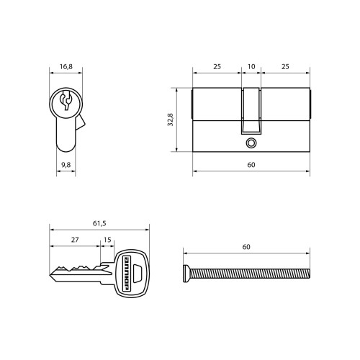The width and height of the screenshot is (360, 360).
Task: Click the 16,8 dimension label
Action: point(66,66)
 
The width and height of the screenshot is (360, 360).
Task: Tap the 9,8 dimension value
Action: point(66,165)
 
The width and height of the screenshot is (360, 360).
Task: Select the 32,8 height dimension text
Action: point(171,120)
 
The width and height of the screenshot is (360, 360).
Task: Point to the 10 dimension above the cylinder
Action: point(251,66)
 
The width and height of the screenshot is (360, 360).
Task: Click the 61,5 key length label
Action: point(99,223)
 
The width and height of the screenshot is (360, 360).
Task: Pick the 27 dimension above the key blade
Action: point(75,240)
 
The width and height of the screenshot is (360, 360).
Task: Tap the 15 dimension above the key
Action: point(107,240)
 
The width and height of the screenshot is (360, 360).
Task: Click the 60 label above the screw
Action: point(246,247)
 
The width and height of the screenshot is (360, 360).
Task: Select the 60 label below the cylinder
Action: point(251,165)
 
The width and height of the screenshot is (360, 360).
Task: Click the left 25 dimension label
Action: point(217,66)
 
